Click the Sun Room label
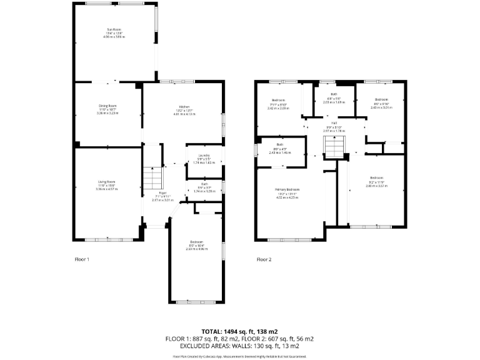tap(114, 29)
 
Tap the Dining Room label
tap(107, 106)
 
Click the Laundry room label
tap(203, 156)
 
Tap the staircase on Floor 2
tap(333, 149)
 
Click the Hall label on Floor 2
tap(334, 123)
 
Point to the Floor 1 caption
tap(82, 259)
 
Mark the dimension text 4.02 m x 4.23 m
tap(288, 197)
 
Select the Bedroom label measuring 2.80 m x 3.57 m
tap(376, 177)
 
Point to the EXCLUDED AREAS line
tap(239, 346)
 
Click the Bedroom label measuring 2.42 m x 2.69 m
tap(278, 101)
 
